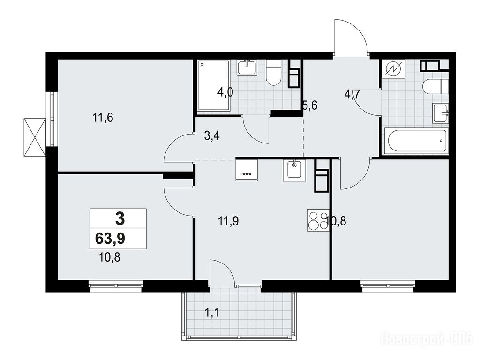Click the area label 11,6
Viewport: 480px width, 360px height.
coord(103,117)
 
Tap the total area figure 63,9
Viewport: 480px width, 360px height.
coord(110,239)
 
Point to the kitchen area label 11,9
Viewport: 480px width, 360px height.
coord(228,221)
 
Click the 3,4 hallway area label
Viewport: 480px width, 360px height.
coord(212,135)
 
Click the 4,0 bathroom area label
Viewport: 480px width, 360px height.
coord(225,92)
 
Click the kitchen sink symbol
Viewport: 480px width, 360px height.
coord(294,170)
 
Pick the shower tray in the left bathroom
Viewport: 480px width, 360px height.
coord(214,85)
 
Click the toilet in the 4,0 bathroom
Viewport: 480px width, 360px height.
coord(274,73)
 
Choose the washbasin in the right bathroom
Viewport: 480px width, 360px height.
coord(440,113)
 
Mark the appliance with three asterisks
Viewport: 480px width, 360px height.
coord(247,170)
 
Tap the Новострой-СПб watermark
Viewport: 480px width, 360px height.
coord(427,339)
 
